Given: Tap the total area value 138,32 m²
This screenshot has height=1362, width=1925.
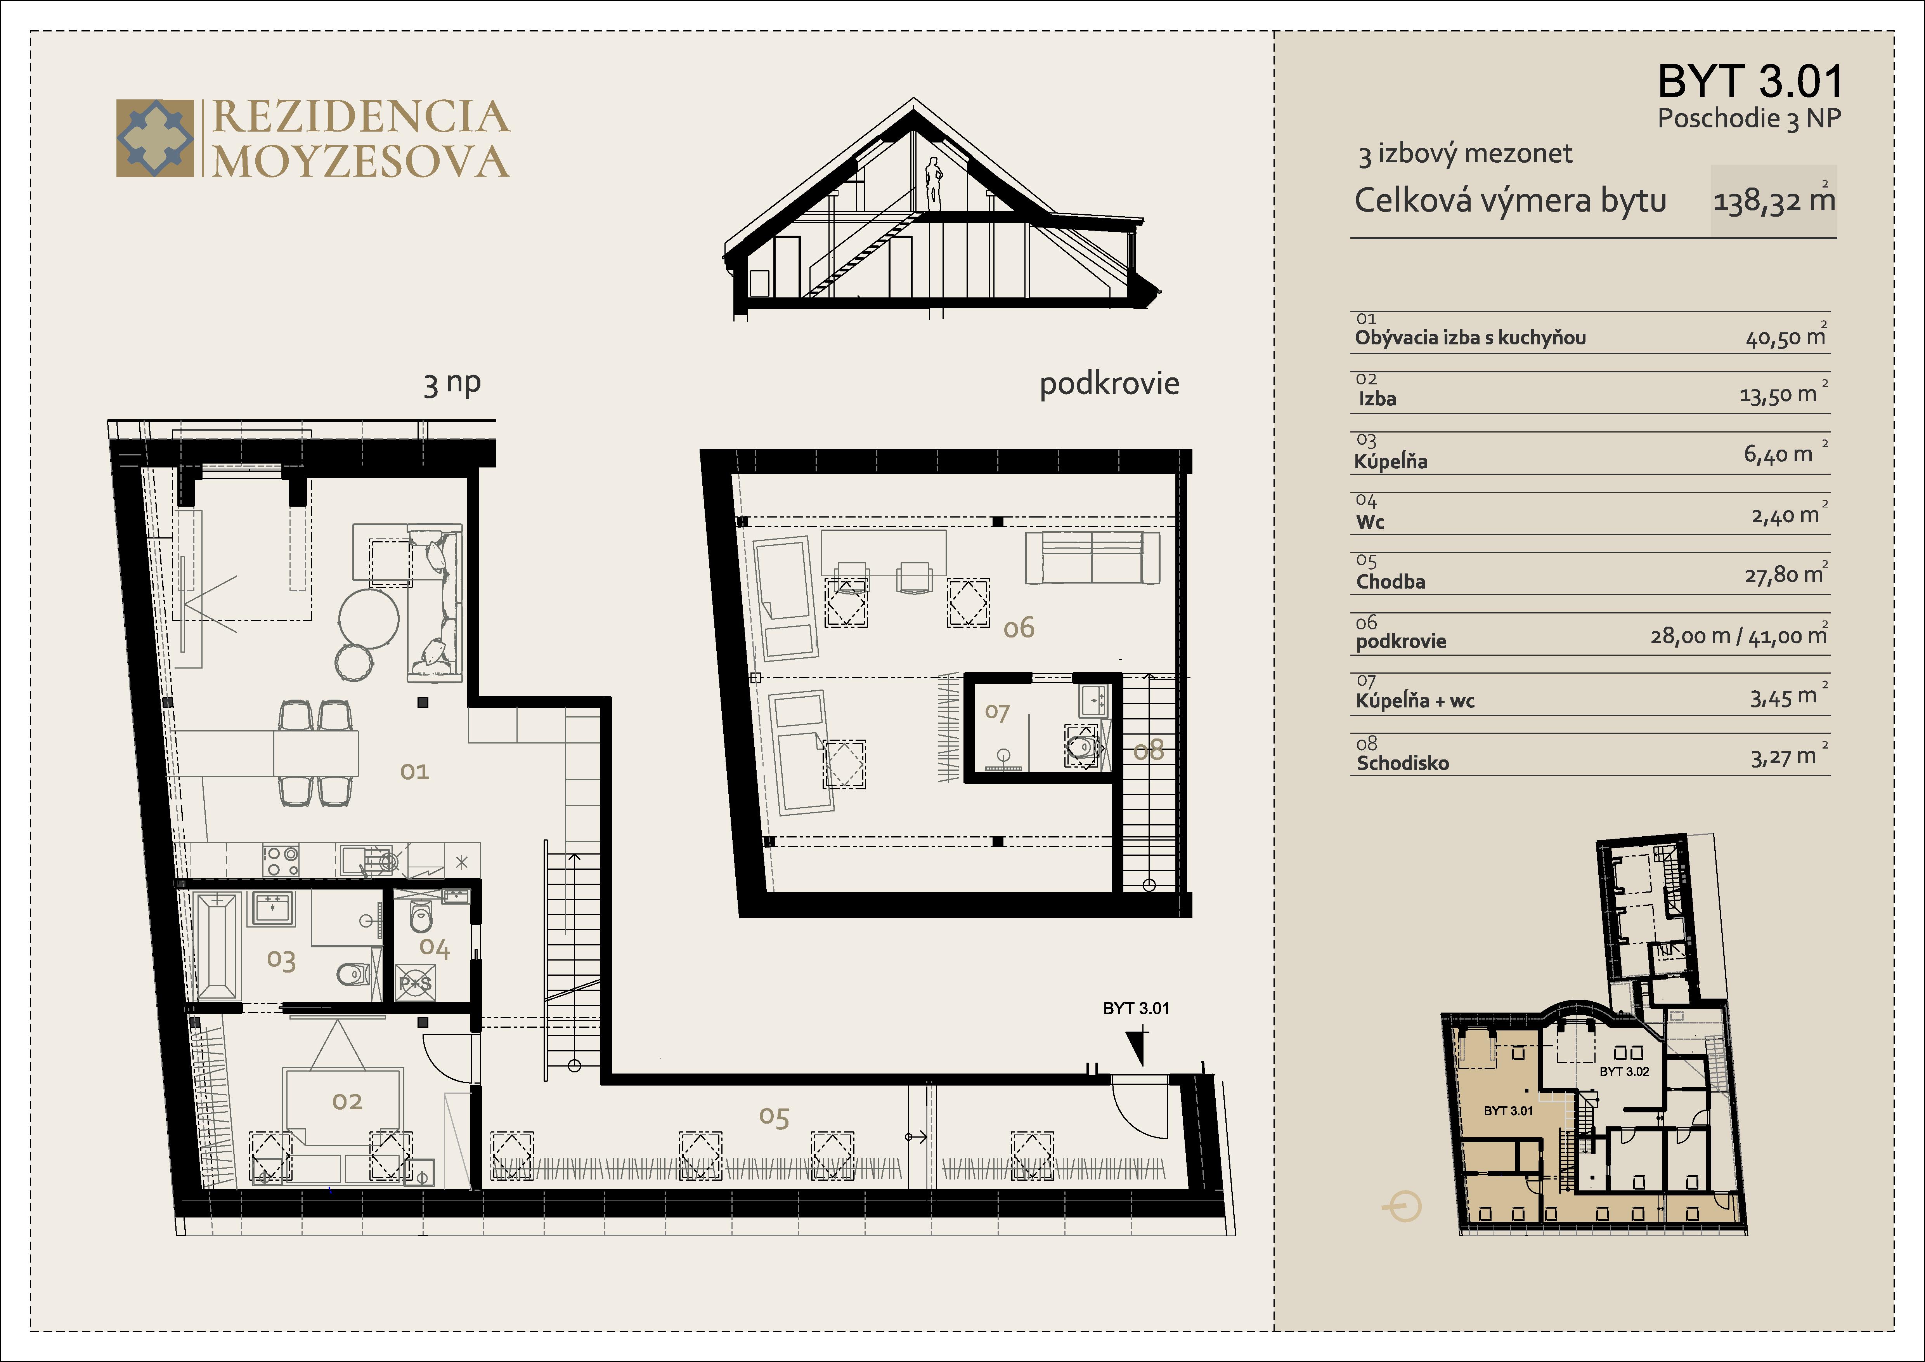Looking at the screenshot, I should [1773, 201].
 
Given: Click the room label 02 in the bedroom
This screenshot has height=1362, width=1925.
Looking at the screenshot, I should [347, 1101].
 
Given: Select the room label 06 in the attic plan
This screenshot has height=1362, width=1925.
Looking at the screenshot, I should [1019, 627].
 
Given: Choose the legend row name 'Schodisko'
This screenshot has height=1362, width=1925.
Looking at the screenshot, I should [1403, 763].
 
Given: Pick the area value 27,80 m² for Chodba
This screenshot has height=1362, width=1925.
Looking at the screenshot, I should [1784, 575].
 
